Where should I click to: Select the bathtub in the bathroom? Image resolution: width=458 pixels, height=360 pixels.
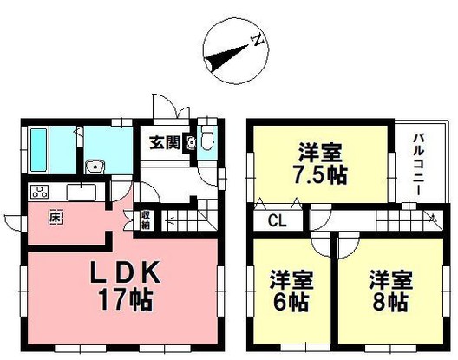click(39, 149)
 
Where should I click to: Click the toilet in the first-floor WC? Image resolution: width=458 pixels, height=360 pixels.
click(206, 141)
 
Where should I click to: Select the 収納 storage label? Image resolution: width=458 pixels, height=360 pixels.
click(146, 219)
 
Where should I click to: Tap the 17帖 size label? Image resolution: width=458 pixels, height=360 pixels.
click(124, 301)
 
